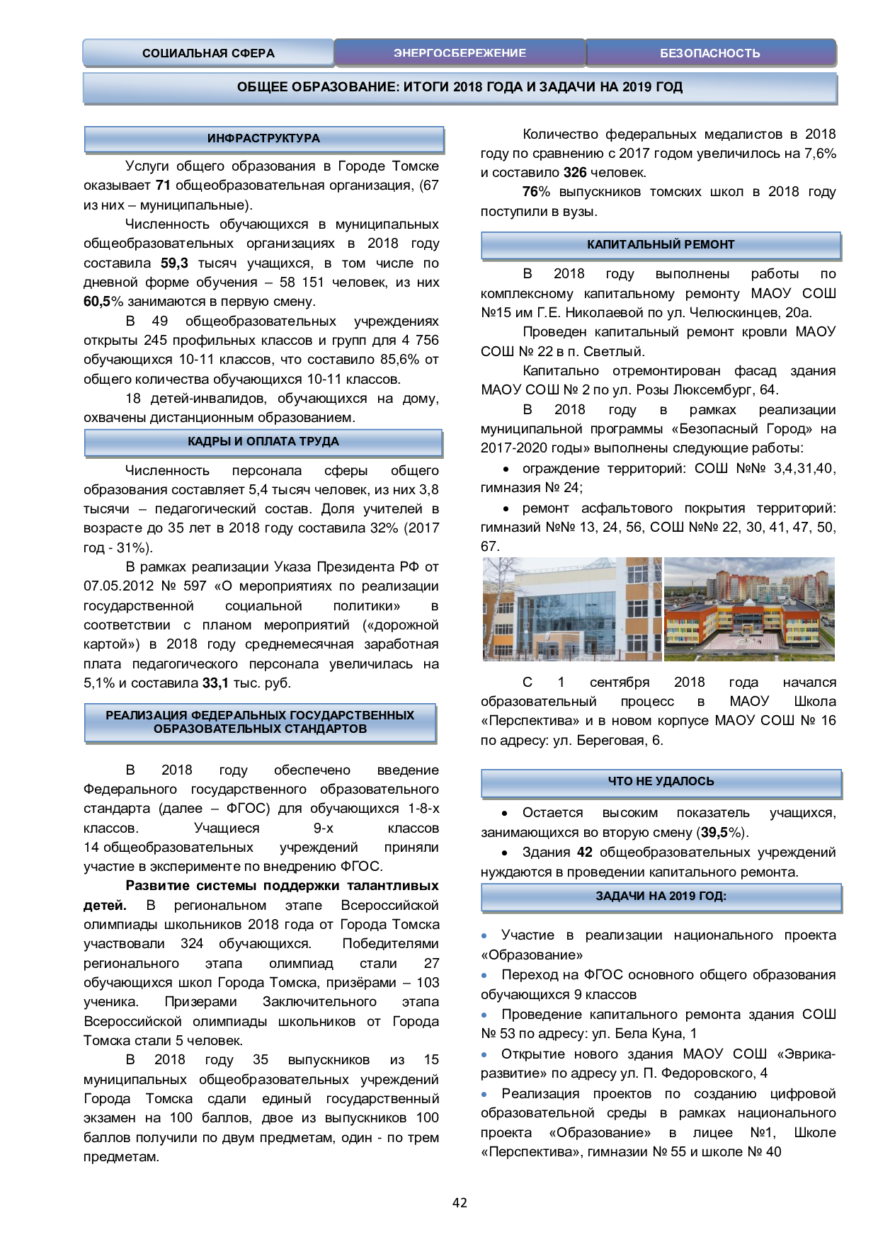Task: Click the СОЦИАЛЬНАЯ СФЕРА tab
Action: click(x=208, y=53)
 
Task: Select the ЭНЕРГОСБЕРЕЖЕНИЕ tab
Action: click(x=460, y=53)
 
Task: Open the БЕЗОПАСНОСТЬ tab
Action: click(x=709, y=53)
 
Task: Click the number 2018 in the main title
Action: click(x=467, y=87)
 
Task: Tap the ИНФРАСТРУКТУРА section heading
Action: click(x=263, y=139)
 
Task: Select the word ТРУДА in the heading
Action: click(x=319, y=442)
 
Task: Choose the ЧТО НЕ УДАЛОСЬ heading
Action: click(x=661, y=782)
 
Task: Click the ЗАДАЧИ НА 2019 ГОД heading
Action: click(x=661, y=896)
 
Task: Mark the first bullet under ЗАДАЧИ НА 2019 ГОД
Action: click(x=484, y=936)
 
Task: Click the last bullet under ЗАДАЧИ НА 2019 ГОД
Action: click(x=484, y=1095)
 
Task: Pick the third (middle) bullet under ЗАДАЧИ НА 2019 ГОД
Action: click(x=484, y=1015)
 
